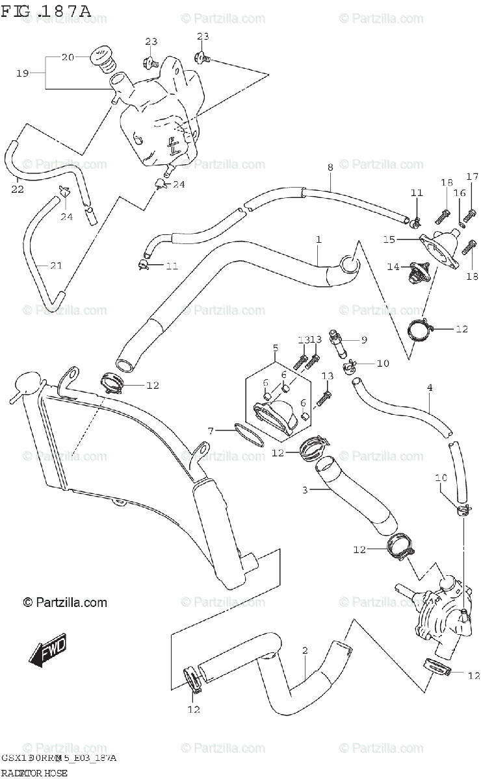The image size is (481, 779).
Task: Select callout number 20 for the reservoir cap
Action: pyautogui.click(x=68, y=57)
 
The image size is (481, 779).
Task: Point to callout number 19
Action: pyautogui.click(x=23, y=73)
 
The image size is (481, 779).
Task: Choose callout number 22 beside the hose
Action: pyautogui.click(x=18, y=189)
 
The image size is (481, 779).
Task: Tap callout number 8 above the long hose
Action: pyautogui.click(x=330, y=167)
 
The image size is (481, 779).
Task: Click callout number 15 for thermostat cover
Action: pyautogui.click(x=389, y=240)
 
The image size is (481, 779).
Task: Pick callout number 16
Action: pyautogui.click(x=460, y=193)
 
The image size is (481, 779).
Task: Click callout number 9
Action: pyautogui.click(x=364, y=340)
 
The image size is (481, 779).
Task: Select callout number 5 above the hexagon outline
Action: pyautogui.click(x=275, y=348)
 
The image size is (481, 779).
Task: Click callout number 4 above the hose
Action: pyautogui.click(x=430, y=388)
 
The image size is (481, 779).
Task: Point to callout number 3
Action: pyautogui.click(x=305, y=489)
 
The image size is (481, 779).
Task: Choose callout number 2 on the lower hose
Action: pyautogui.click(x=305, y=650)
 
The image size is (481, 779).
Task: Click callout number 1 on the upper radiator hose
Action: pyautogui.click(x=319, y=240)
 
